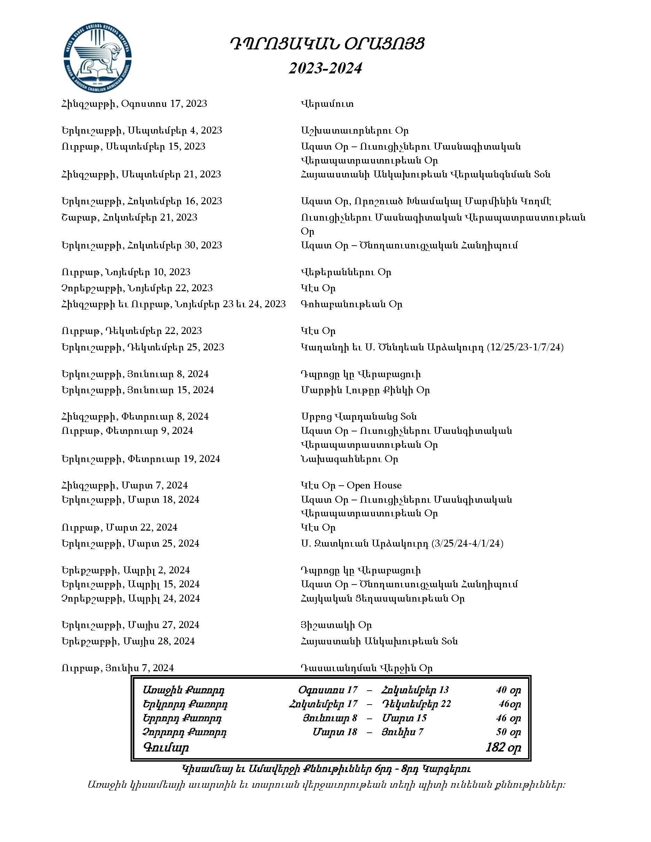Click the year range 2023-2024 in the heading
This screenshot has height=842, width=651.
click(325, 69)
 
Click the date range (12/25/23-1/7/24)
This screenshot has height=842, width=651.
click(525, 347)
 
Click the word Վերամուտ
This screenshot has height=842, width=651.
click(327, 104)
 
